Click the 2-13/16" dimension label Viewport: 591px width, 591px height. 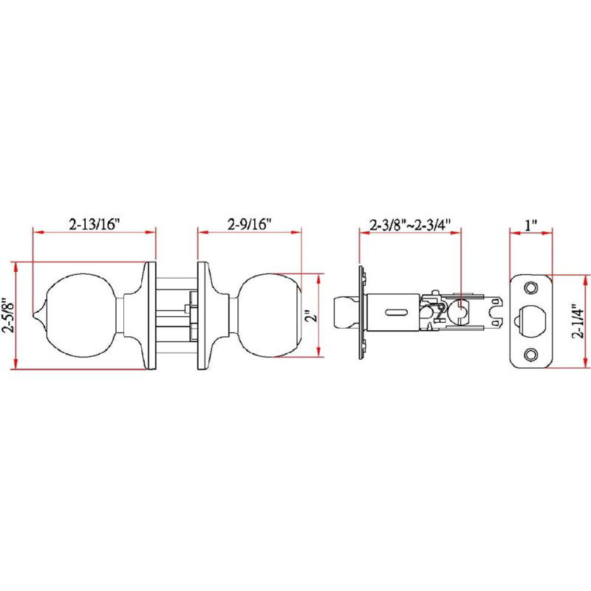pos(95,224)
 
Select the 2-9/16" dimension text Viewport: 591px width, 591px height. pos(250,225)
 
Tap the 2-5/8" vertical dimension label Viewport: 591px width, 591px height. pos(8,315)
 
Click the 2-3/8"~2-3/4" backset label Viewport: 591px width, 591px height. pos(410,225)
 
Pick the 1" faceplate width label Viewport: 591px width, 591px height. pos(530,225)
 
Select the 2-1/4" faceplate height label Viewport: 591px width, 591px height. pos(578,321)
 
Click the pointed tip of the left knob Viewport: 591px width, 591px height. pos(34,315)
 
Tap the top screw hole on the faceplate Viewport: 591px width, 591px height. pos(531,288)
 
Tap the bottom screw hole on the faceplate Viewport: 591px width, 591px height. pos(531,354)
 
